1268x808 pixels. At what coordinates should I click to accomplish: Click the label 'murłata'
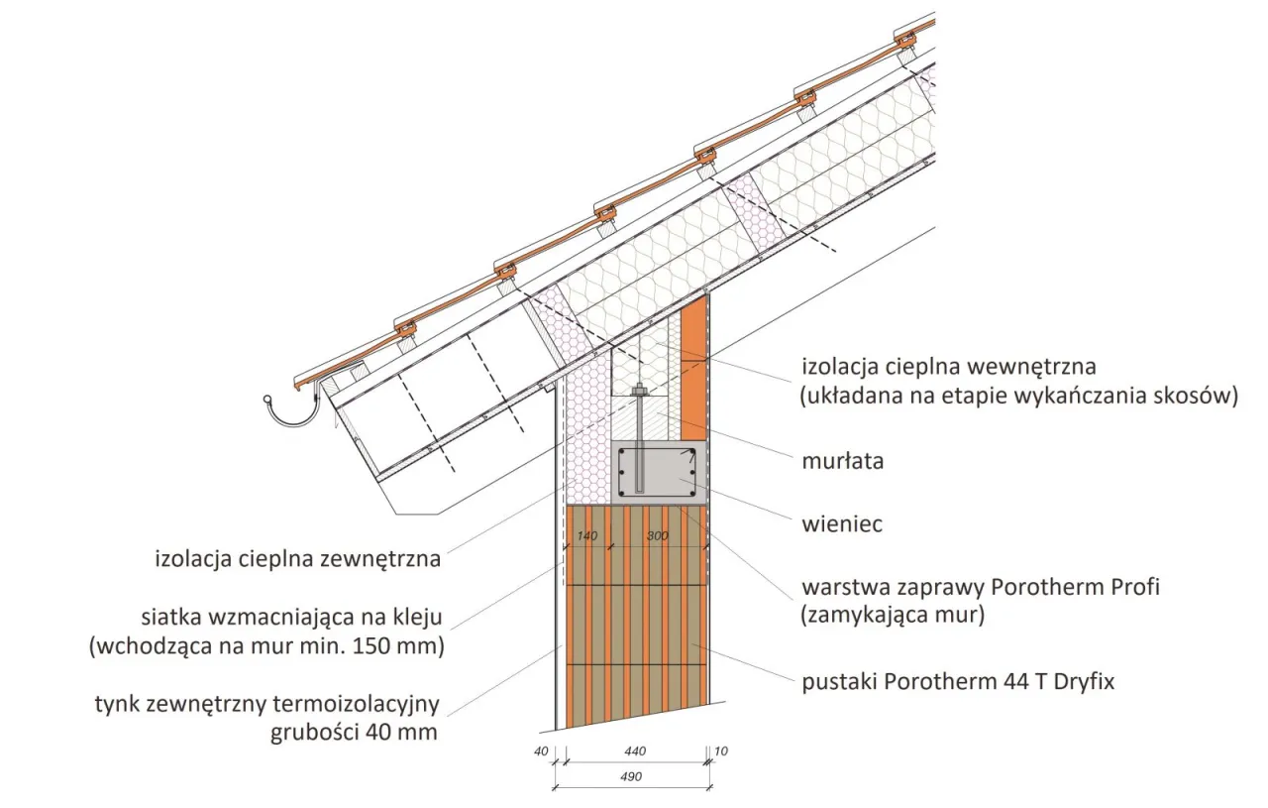click(x=842, y=461)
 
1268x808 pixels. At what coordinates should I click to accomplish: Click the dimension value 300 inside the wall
click(x=657, y=535)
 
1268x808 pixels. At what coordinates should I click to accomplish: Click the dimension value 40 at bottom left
click(x=541, y=751)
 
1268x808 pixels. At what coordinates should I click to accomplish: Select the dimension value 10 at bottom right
click(x=720, y=751)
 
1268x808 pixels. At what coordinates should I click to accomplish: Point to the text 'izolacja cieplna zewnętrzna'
click(x=297, y=559)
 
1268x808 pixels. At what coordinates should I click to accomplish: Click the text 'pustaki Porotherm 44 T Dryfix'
click(x=958, y=682)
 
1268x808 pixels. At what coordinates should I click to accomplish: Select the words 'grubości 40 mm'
click(x=354, y=734)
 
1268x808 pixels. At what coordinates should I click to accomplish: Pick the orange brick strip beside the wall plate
click(x=694, y=367)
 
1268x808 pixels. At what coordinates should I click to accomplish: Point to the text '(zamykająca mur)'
click(x=893, y=615)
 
